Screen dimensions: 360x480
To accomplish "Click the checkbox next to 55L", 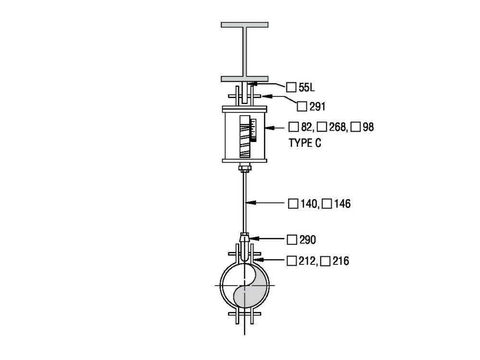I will pyautogui.click(x=291, y=87).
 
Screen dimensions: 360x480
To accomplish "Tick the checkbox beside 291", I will pyautogui.click(x=302, y=107).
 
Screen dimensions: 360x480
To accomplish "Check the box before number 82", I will pyautogui.click(x=294, y=127).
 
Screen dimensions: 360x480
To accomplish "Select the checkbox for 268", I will pyautogui.click(x=322, y=127).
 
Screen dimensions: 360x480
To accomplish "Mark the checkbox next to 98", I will pyautogui.click(x=356, y=127).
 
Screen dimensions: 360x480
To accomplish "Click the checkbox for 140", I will pyautogui.click(x=293, y=204).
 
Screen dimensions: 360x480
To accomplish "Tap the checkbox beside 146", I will pyautogui.click(x=326, y=204).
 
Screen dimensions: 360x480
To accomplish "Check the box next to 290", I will pyautogui.click(x=292, y=240).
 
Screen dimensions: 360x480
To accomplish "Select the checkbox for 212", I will pyautogui.click(x=291, y=261).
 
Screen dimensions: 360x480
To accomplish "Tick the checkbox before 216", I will pyautogui.click(x=325, y=261).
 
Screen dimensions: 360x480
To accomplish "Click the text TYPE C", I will pyautogui.click(x=305, y=143).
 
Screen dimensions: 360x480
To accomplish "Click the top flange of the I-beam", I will pyautogui.click(x=244, y=24).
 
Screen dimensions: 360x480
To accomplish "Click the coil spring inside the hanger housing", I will pyautogui.click(x=245, y=137).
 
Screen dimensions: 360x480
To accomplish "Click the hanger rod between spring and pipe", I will pyautogui.click(x=245, y=202).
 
